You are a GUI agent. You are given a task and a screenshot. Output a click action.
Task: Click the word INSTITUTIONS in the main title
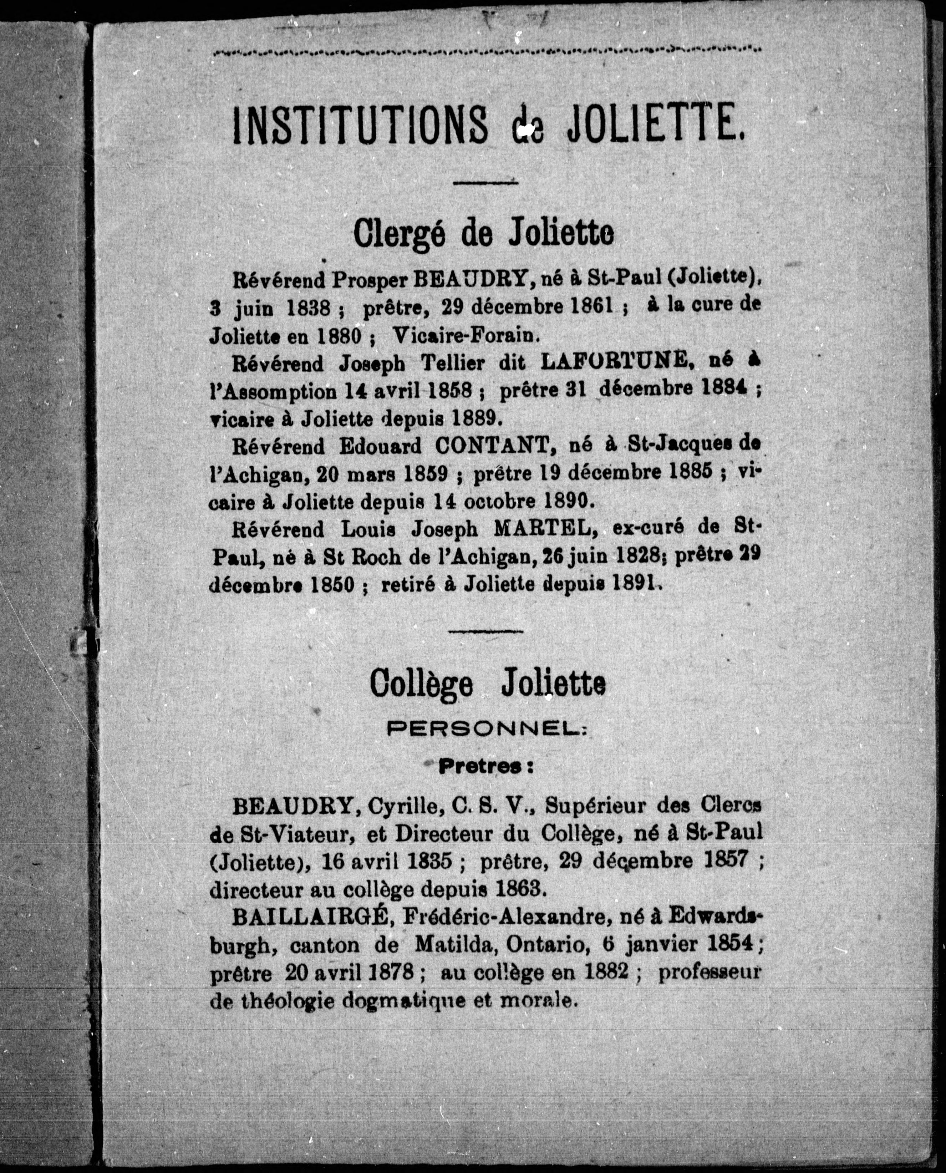click(x=359, y=126)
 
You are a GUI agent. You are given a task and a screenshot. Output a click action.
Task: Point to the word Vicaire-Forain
click(x=466, y=336)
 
